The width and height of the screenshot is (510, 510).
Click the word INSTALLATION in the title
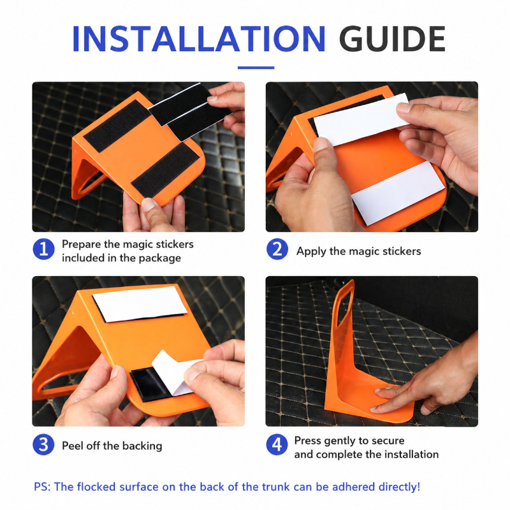tap(198, 38)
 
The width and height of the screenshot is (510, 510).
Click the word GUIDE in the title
tap(392, 38)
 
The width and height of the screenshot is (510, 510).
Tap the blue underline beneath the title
tap(256, 68)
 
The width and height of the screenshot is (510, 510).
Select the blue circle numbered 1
tap(43, 249)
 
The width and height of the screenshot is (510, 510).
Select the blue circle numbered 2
tap(277, 249)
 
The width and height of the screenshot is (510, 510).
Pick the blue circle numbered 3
tap(43, 444)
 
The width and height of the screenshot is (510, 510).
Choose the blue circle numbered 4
tap(277, 444)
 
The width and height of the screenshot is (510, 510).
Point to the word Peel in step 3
tap(71, 446)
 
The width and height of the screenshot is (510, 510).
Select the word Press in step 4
tap(307, 441)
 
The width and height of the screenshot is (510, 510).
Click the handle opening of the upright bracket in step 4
tap(344, 306)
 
